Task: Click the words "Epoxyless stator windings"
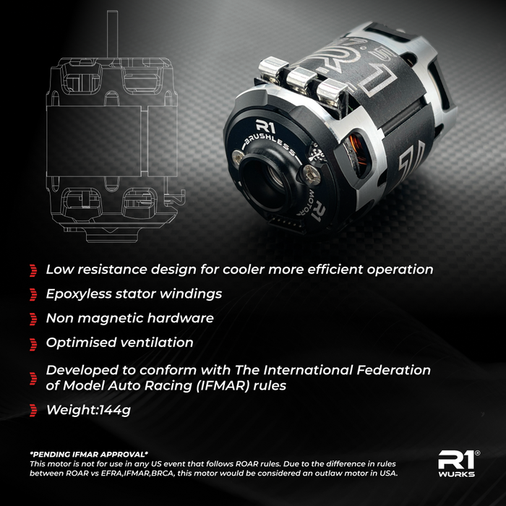click(134, 293)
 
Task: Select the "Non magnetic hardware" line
click(129, 317)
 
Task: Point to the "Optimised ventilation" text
click(119, 341)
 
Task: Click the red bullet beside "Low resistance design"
click(33, 270)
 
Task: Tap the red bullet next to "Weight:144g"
click(33, 411)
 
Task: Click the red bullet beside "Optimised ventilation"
click(33, 342)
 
